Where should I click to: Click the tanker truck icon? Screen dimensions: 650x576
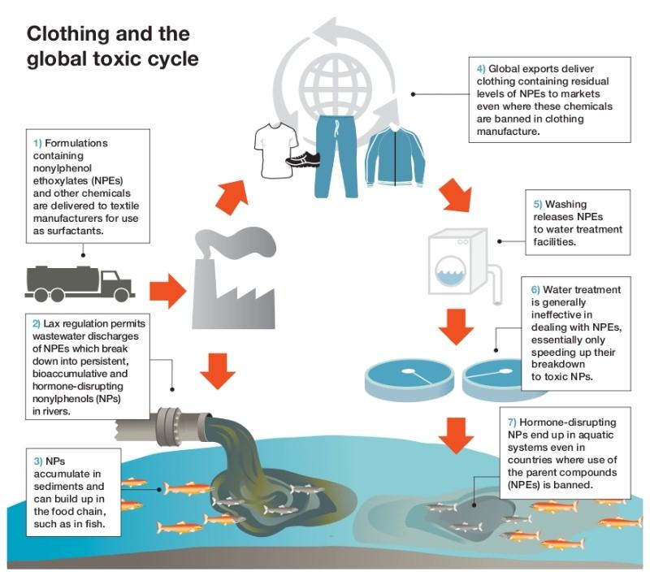click(80, 284)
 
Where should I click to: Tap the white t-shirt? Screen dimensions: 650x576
click(275, 150)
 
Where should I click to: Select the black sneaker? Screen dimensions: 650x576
click(302, 159)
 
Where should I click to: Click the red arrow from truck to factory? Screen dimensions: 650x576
click(167, 291)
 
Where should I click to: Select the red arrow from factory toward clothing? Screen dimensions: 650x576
click(232, 197)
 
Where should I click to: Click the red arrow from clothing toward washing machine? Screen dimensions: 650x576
click(456, 196)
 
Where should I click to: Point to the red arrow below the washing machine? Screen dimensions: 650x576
click(456, 327)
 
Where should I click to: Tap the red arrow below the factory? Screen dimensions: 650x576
click(218, 371)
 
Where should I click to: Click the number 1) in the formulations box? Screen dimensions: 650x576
click(37, 143)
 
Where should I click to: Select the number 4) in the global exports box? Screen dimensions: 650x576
click(481, 69)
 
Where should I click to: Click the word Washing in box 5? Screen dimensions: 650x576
click(565, 204)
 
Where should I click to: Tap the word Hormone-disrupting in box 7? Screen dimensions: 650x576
click(567, 422)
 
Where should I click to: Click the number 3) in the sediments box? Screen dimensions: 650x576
click(38, 461)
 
